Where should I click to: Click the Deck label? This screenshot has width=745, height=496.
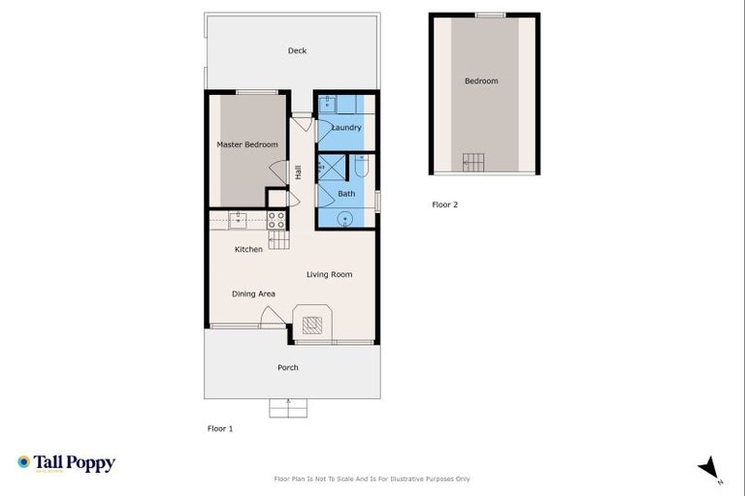click(297, 50)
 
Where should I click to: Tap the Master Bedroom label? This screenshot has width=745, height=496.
click(246, 144)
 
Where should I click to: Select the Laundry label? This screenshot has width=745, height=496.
click(346, 127)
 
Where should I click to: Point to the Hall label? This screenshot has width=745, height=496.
click(299, 172)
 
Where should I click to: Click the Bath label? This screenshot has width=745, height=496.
click(346, 194)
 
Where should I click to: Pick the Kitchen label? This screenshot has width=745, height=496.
click(248, 249)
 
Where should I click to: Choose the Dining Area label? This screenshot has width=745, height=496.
click(253, 294)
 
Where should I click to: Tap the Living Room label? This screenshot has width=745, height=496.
click(329, 274)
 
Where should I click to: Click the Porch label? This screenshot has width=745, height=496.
click(288, 367)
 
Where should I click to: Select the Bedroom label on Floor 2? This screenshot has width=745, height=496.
click(481, 80)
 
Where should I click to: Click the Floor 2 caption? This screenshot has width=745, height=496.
click(444, 204)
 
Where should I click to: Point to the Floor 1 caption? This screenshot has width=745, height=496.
click(220, 427)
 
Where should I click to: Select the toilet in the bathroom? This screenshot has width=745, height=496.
click(361, 169)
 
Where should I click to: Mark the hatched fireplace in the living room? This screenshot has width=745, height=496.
click(312, 325)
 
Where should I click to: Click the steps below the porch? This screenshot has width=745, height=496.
click(286, 409)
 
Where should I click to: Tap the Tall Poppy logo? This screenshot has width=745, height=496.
click(66, 463)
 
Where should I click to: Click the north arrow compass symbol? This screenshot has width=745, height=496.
click(710, 467)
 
